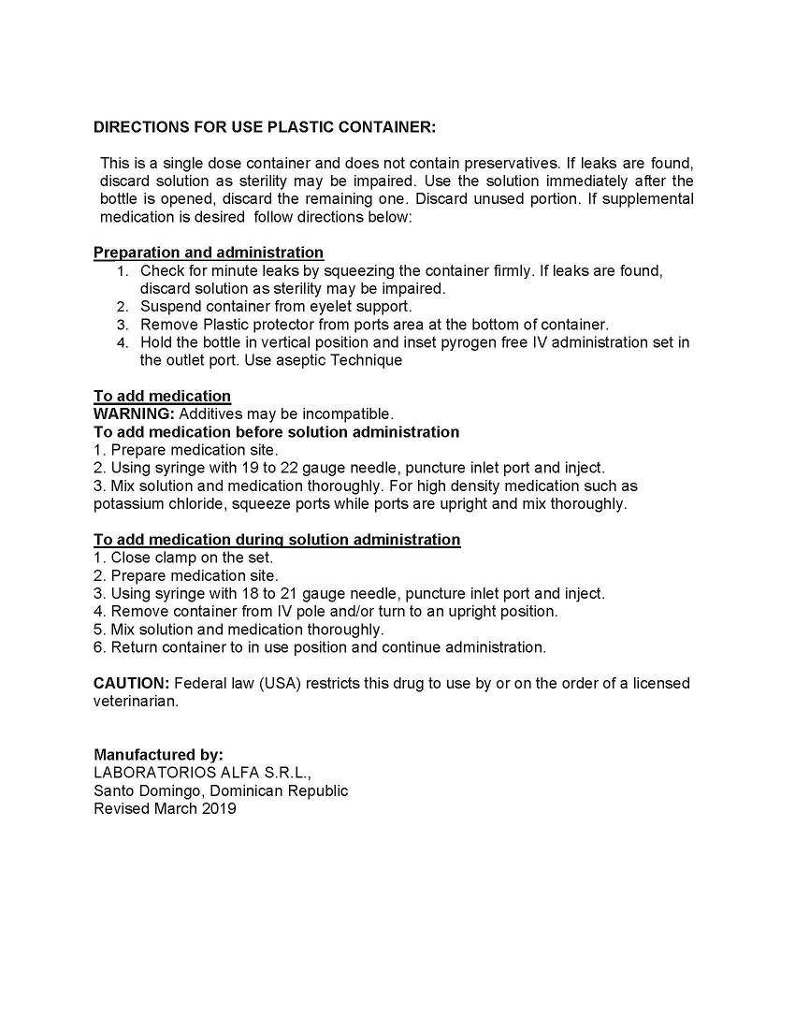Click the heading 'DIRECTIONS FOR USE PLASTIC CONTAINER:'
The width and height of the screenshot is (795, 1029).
tap(264, 127)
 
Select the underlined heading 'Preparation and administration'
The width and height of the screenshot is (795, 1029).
tap(209, 253)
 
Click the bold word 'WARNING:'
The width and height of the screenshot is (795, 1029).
tap(134, 413)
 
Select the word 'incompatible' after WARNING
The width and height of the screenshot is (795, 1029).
tap(346, 413)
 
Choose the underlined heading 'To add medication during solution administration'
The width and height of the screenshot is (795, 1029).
tap(277, 540)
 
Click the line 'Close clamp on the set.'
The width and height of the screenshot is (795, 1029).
tap(192, 558)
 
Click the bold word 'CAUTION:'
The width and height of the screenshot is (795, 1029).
tap(131, 683)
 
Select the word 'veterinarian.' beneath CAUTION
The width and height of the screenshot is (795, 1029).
tap(136, 701)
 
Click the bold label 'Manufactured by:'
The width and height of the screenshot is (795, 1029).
tap(158, 755)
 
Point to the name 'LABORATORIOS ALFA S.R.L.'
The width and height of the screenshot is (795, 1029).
tap(201, 773)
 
